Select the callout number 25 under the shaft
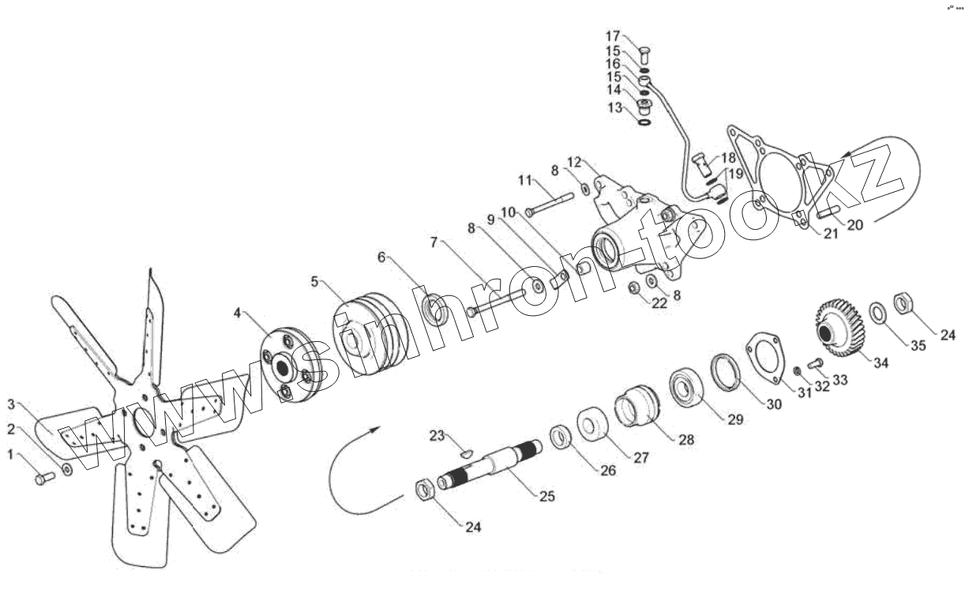pyautogui.click(x=547, y=496)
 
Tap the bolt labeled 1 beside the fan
pyautogui.click(x=43, y=479)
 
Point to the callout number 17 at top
pyautogui.click(x=614, y=36)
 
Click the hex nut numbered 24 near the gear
pyautogui.click(x=903, y=302)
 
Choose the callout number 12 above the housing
pyautogui.click(x=574, y=163)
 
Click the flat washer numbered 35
pyautogui.click(x=878, y=314)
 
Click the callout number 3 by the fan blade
pyautogui.click(x=11, y=404)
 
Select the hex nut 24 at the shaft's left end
pyautogui.click(x=424, y=491)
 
